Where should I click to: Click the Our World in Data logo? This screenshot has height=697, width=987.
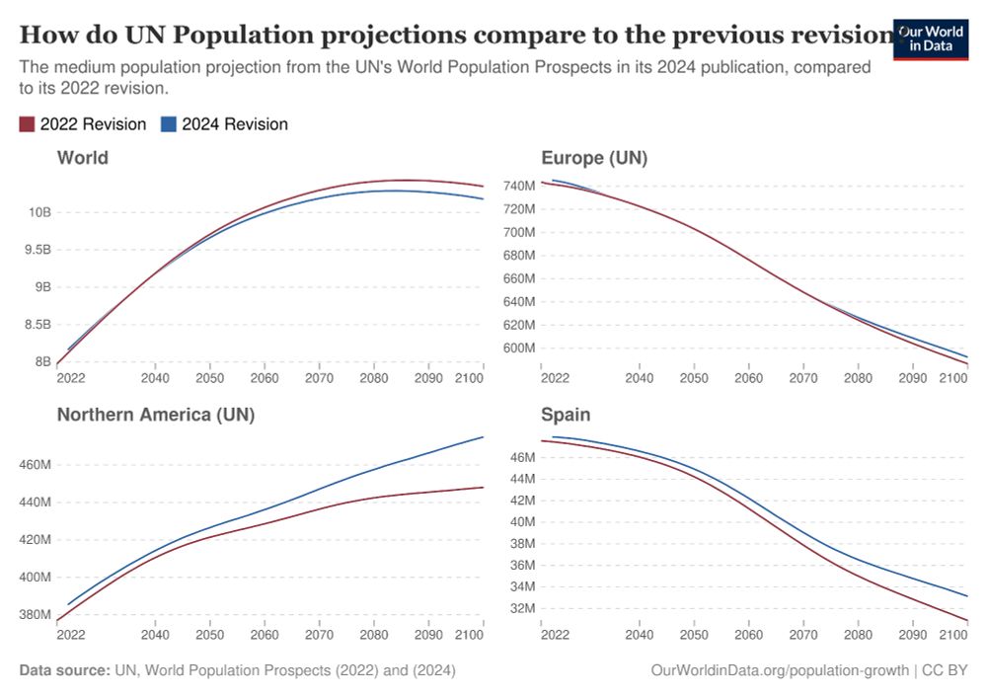pos(930,38)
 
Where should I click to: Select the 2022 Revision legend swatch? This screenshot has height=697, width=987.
pos(28,124)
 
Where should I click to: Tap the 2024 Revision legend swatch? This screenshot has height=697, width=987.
pos(169,124)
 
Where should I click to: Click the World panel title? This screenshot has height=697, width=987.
pos(83,158)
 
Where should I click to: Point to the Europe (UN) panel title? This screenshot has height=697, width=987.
pos(594,158)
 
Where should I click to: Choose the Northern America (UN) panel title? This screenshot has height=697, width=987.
pos(156,415)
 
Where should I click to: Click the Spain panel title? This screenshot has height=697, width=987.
pos(566,415)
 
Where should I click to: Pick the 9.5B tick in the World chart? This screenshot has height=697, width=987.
pos(38,250)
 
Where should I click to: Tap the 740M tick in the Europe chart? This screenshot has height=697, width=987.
pos(518,186)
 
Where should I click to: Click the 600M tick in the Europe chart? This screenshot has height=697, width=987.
pos(518,348)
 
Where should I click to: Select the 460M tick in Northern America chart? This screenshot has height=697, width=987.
pos(35,465)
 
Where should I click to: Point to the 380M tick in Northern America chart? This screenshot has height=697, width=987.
pos(35,614)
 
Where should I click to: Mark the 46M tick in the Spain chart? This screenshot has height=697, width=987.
pos(522,457)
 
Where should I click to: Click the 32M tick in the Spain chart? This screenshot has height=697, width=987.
pos(522,608)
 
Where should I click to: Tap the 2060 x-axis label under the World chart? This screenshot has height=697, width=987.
pos(265,378)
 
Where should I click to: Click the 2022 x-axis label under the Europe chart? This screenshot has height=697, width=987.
pos(556,378)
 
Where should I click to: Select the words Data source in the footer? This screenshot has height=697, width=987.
pos(64,670)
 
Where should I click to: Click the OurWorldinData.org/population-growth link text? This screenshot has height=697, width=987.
pos(780,670)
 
